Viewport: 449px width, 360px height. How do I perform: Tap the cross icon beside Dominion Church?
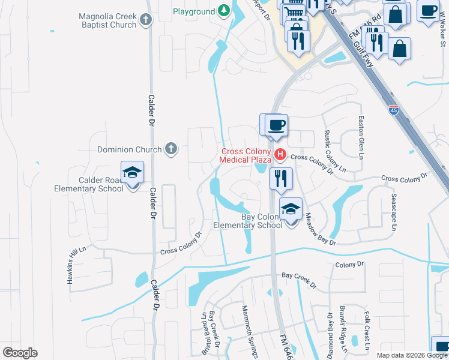click(x=171, y=149)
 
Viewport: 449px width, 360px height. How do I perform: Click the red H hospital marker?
click(x=280, y=155)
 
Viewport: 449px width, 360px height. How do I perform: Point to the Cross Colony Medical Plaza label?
click(x=246, y=155)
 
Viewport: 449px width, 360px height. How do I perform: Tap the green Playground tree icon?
click(x=223, y=11)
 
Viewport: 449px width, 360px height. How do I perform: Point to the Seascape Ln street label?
click(x=394, y=212)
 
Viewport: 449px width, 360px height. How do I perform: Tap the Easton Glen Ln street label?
click(x=361, y=136)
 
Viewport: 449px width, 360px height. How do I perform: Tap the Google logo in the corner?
click(x=20, y=353)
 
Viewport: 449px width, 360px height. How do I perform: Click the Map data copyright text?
click(x=412, y=355)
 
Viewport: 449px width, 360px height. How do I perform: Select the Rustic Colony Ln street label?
click(x=334, y=149)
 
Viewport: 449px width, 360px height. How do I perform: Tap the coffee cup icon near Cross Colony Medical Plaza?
click(x=276, y=125)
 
